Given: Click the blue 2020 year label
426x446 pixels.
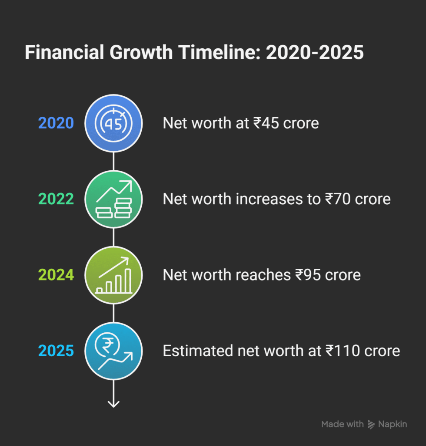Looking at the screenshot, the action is (x=56, y=123).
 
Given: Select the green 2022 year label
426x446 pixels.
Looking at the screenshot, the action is (x=56, y=199).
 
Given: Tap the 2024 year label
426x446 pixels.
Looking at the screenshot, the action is (x=56, y=275).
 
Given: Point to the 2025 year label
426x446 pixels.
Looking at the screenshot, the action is (x=56, y=351).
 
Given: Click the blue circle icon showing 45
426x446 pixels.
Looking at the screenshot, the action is (x=113, y=123).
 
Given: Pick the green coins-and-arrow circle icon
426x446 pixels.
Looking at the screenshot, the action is (x=113, y=199).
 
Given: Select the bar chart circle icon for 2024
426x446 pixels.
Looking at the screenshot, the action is (x=113, y=275).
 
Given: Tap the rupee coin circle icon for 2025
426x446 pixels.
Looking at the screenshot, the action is (x=113, y=351).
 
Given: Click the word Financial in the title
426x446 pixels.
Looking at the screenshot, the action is (x=64, y=52).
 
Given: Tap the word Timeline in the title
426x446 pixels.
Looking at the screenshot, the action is (x=220, y=52).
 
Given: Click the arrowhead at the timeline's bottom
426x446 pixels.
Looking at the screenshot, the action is (x=113, y=404).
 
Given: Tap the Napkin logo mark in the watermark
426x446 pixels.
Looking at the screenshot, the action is (x=371, y=424).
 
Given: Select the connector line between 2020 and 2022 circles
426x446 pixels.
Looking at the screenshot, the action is (x=113, y=161).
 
